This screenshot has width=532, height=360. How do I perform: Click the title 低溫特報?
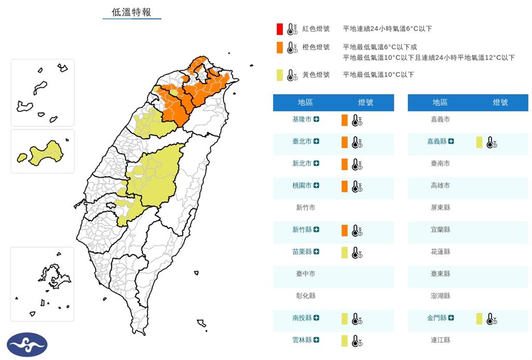point(131,12)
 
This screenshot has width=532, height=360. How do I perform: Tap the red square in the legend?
point(280,29)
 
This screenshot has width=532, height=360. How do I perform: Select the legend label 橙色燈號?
point(316,47)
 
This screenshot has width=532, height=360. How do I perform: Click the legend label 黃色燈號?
point(316,75)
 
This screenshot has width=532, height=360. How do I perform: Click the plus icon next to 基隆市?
point(316,119)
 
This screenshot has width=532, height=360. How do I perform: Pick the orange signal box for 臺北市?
point(344,142)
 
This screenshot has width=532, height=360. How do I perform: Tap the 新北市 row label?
point(302,164)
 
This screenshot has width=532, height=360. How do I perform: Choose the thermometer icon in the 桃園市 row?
point(356,186)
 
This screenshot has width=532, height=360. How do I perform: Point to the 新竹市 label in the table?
point(305,208)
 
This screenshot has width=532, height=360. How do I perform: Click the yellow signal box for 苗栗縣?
point(344,252)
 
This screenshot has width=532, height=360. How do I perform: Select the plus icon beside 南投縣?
point(316,318)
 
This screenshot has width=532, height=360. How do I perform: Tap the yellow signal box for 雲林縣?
point(344,341)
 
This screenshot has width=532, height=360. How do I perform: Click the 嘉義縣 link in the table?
point(436,141)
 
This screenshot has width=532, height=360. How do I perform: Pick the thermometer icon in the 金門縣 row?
point(491,319)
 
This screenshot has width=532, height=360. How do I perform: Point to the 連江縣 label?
point(440,340)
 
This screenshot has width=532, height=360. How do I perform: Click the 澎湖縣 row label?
point(440,296)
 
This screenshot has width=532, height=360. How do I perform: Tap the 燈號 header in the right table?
point(500,103)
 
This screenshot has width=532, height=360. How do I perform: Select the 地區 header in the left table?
point(305,103)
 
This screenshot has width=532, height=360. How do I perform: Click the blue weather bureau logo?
point(27,344)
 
